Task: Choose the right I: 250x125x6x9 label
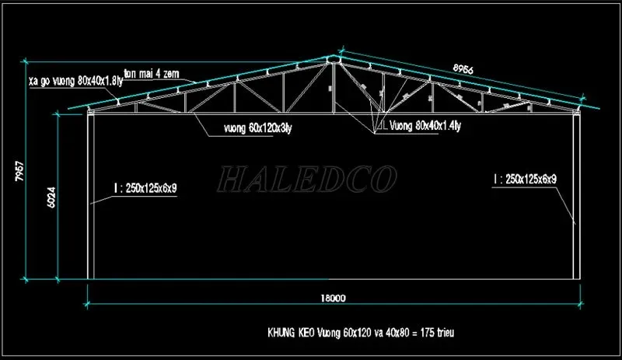pyautogui.click(x=525, y=180)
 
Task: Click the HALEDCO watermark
pyautogui.click(x=306, y=180)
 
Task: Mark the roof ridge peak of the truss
pyautogui.click(x=333, y=58)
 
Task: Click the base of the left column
pyautogui.click(x=89, y=277)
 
